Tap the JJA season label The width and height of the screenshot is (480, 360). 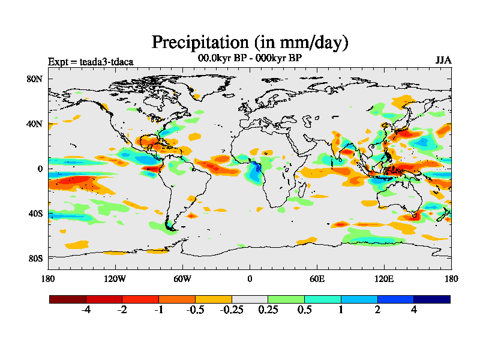pyautogui.click(x=443, y=61)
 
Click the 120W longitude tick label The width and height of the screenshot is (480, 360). pyautogui.click(x=115, y=278)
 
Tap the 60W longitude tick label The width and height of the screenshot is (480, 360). pyautogui.click(x=182, y=278)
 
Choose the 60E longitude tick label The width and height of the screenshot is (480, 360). pyautogui.click(x=317, y=278)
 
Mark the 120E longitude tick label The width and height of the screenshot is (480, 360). pyautogui.click(x=384, y=278)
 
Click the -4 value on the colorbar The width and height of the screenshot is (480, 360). pyautogui.click(x=86, y=310)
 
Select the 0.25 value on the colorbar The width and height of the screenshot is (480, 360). pyautogui.click(x=268, y=310)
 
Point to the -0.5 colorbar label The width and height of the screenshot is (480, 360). pyautogui.click(x=195, y=310)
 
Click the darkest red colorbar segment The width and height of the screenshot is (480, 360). pyautogui.click(x=68, y=299)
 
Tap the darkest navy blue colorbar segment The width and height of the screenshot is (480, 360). pyautogui.click(x=431, y=299)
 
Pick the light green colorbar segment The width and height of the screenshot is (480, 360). pyautogui.click(x=286, y=299)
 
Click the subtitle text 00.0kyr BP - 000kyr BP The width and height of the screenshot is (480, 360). pyautogui.click(x=250, y=59)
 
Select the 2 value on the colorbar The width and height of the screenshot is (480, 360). pyautogui.click(x=377, y=310)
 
